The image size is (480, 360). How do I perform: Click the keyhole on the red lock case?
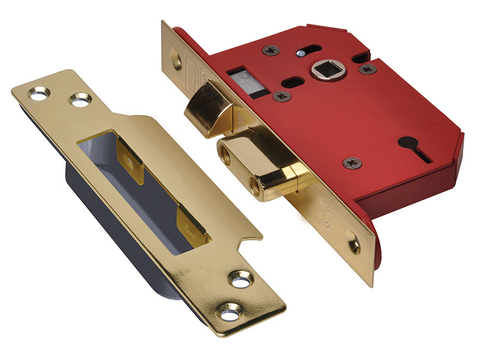point(413,148)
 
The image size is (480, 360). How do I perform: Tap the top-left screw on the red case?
point(271,50)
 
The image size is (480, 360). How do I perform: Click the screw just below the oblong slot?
point(281,96)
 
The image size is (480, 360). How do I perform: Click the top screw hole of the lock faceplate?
point(176,59)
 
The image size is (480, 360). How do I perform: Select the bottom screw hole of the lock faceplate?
point(355,244)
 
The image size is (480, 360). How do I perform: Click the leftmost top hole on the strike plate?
point(39,94)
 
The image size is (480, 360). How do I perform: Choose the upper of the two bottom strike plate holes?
point(241,279)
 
